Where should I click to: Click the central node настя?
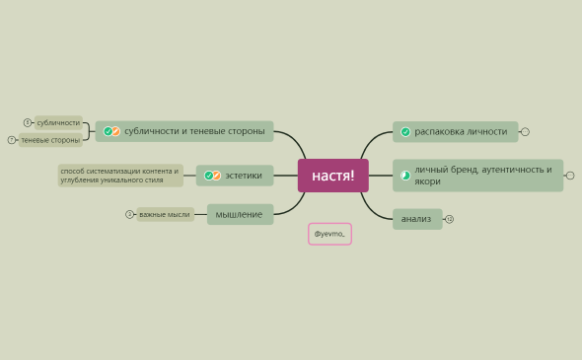[332, 176]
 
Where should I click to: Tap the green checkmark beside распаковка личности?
[405, 131]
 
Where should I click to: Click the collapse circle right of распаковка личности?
[525, 131]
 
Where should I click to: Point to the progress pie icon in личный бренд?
[405, 176]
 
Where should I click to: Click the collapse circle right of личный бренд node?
[570, 176]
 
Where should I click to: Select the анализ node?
[416, 219]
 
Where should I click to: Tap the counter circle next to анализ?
[450, 219]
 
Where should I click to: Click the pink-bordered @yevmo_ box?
[329, 234]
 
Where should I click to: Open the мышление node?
[240, 214]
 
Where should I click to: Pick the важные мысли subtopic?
[165, 214]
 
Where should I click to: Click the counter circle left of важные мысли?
[129, 214]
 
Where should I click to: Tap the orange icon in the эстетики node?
[216, 176]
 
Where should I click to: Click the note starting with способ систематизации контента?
[120, 176]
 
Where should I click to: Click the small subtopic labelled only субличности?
[58, 123]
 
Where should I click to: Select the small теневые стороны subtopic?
[50, 140]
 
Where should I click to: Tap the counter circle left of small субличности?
[28, 123]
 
